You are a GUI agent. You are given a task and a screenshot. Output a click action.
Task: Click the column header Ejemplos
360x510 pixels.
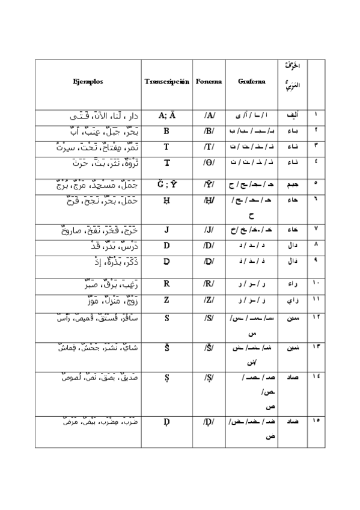88,80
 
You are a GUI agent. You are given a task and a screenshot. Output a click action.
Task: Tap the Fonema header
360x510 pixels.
209,81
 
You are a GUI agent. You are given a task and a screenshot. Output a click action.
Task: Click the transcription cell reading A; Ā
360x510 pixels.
166,115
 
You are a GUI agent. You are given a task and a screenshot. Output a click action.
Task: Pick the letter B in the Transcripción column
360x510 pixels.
166,131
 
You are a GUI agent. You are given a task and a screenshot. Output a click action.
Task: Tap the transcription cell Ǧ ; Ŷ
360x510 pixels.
166,183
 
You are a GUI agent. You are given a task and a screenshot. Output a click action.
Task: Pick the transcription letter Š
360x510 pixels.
166,348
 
